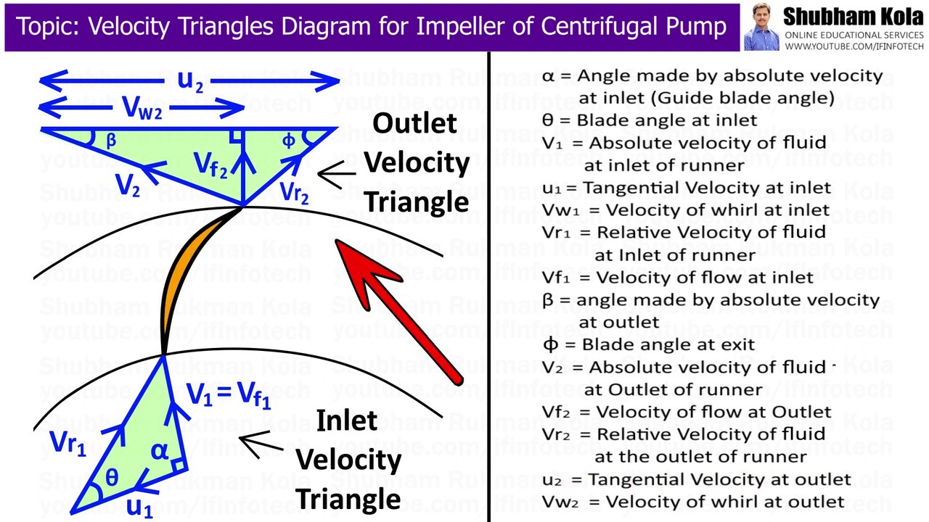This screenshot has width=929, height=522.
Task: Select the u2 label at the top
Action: pos(190,79)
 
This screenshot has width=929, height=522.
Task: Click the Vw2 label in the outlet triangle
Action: pos(142,108)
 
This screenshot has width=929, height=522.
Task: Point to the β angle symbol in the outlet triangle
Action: pos(110,141)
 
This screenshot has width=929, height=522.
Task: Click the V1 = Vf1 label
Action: pos(229,394)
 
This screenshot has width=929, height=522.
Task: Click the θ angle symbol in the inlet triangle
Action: pos(111,478)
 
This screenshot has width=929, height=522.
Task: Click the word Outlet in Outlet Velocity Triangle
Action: pos(415,123)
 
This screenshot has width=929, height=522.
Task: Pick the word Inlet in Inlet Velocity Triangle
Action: pos(346,420)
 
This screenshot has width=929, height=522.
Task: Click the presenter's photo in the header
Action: pos(761,27)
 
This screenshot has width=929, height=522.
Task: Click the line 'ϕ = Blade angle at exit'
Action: pos(649,344)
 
